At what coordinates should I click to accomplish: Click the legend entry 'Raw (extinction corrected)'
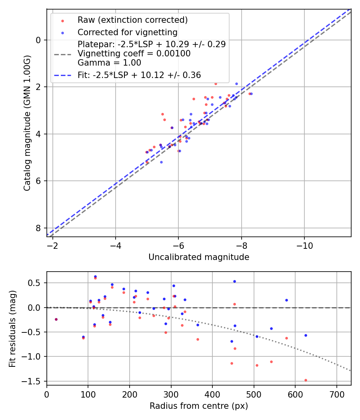pos(132,20)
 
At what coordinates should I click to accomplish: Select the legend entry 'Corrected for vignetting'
pos(127,32)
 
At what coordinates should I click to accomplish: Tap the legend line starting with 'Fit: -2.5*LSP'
pos(139,75)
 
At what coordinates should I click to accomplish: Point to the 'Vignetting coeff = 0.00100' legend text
pos(134,53)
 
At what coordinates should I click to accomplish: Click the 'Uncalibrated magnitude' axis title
pos(199,257)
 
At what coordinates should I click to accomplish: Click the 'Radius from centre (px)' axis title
pos(199,406)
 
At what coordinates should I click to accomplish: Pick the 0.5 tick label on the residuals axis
pos(36,283)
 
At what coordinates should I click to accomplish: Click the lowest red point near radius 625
pos(306,380)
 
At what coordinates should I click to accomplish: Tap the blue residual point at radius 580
pos(286,300)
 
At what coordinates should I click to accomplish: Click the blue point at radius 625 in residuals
pos(306,335)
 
